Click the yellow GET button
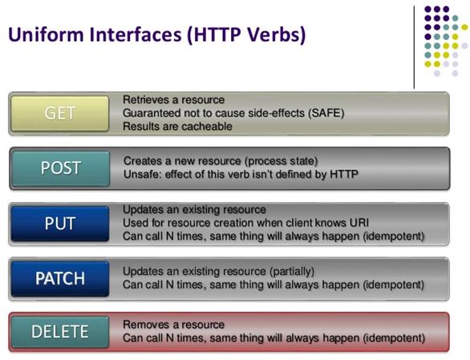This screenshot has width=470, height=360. point(61,113)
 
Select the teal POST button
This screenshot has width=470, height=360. point(61,168)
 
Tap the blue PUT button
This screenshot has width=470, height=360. point(61,223)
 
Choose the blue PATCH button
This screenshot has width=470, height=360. point(61,278)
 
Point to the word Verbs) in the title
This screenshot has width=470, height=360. point(274,36)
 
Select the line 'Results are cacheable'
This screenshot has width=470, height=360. point(177,127)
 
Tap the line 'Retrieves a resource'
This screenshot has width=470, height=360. point(173,99)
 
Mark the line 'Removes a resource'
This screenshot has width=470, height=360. point(173,325)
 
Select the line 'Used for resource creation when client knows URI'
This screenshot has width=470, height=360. point(245,223)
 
